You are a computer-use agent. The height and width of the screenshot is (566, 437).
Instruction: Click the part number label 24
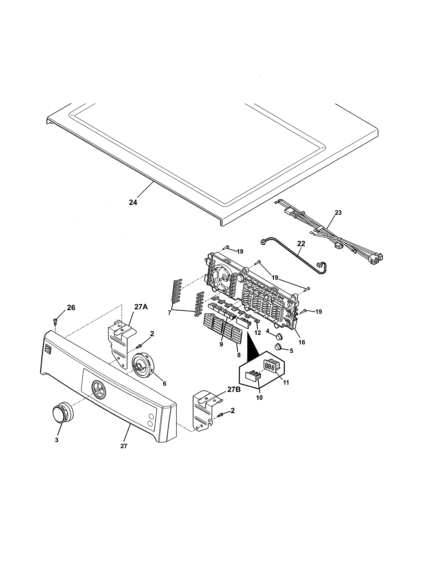pos(133,202)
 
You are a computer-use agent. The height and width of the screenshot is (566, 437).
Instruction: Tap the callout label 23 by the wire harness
pos(338,213)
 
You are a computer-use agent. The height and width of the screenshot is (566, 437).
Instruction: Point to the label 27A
pos(141,307)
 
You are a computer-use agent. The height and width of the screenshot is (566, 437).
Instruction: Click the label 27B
pos(234,390)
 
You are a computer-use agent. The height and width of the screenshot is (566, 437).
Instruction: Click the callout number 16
pos(302,342)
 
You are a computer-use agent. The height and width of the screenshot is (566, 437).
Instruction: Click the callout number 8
pos(239,355)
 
